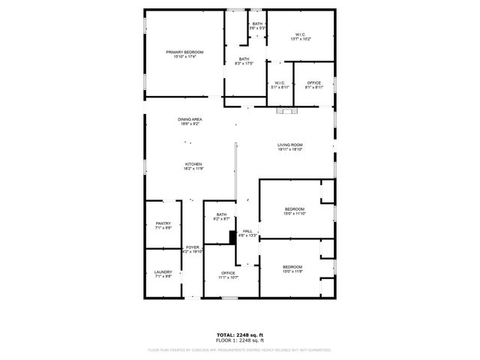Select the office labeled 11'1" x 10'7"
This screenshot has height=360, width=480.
click(228, 275)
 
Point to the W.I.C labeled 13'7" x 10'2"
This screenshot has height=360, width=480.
click(300, 37)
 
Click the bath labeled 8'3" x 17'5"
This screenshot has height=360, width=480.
click(244, 61)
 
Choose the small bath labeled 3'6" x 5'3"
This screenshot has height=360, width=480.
click(257, 26)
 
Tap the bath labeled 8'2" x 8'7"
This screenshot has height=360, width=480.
click(222, 217)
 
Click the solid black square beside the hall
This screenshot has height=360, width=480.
click(232, 237)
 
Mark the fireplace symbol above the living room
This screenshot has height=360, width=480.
click(287, 112)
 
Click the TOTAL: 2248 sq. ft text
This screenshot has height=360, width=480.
click(240, 334)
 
